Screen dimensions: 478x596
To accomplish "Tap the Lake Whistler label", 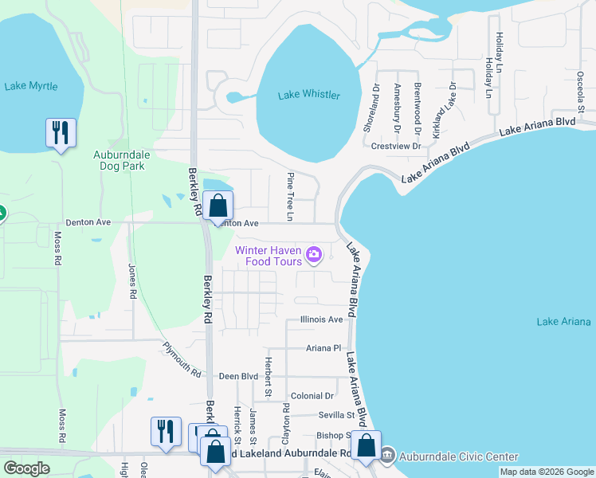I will (x=308, y=96).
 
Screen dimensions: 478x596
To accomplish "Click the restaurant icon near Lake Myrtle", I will (x=61, y=132).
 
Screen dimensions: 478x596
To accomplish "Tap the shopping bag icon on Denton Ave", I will (x=218, y=206).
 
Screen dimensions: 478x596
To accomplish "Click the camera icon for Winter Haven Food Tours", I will (x=314, y=255).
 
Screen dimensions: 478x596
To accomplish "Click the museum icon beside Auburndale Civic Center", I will (x=387, y=456).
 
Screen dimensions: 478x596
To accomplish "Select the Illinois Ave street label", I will (x=321, y=319).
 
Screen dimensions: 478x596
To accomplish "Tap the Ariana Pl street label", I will (x=323, y=348).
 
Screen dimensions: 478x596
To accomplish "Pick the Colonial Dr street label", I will (x=312, y=396).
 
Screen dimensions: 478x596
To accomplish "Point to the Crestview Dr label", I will (x=396, y=147).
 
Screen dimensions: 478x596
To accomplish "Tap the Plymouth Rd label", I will (x=182, y=359).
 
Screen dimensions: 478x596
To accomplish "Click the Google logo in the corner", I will (x=26, y=468).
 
